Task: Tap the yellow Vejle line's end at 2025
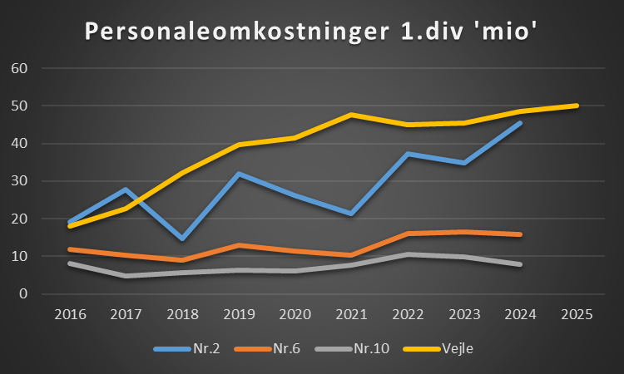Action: click(x=576, y=106)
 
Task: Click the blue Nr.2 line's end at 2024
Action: click(x=520, y=123)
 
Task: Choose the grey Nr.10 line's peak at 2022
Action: click(x=409, y=254)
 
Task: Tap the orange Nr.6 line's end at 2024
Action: click(x=520, y=234)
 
